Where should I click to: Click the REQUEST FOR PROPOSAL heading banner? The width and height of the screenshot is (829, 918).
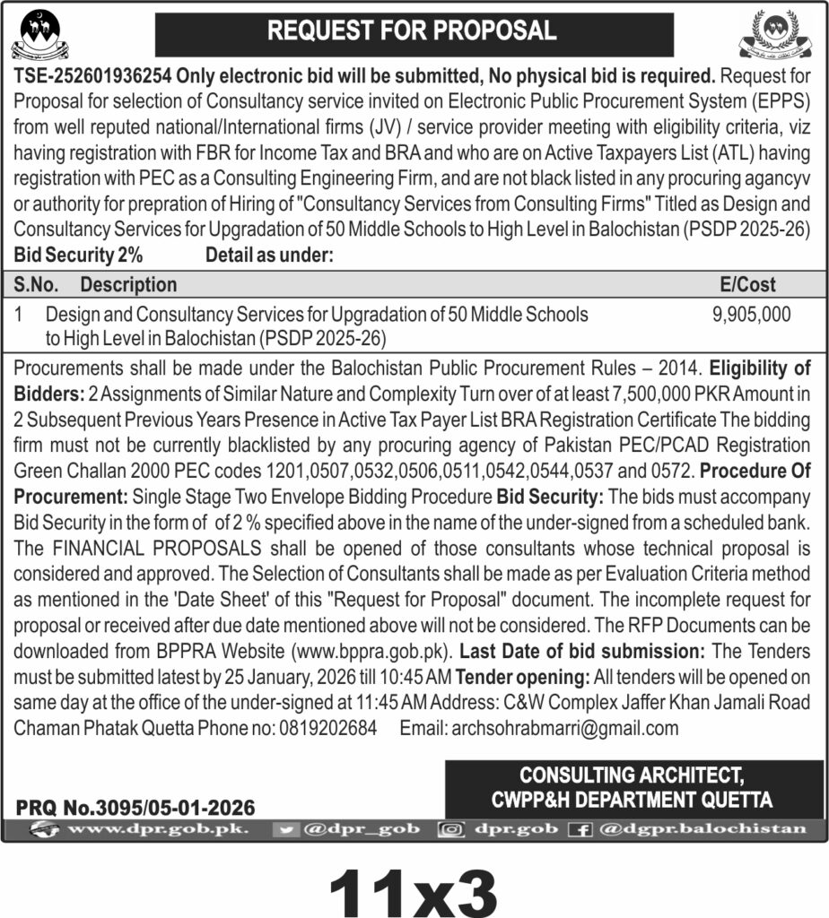[x=412, y=30]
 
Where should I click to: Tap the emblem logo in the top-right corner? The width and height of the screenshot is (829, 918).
[x=780, y=33]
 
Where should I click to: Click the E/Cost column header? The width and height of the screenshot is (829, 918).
[x=748, y=285]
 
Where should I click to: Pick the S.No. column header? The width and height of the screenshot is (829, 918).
[x=37, y=285]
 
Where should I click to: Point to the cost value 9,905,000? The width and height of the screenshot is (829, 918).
[x=751, y=315]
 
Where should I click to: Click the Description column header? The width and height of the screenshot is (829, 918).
[x=128, y=285]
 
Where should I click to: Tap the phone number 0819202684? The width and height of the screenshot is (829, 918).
[x=326, y=728]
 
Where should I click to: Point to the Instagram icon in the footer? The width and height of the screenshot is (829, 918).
[x=449, y=830]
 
